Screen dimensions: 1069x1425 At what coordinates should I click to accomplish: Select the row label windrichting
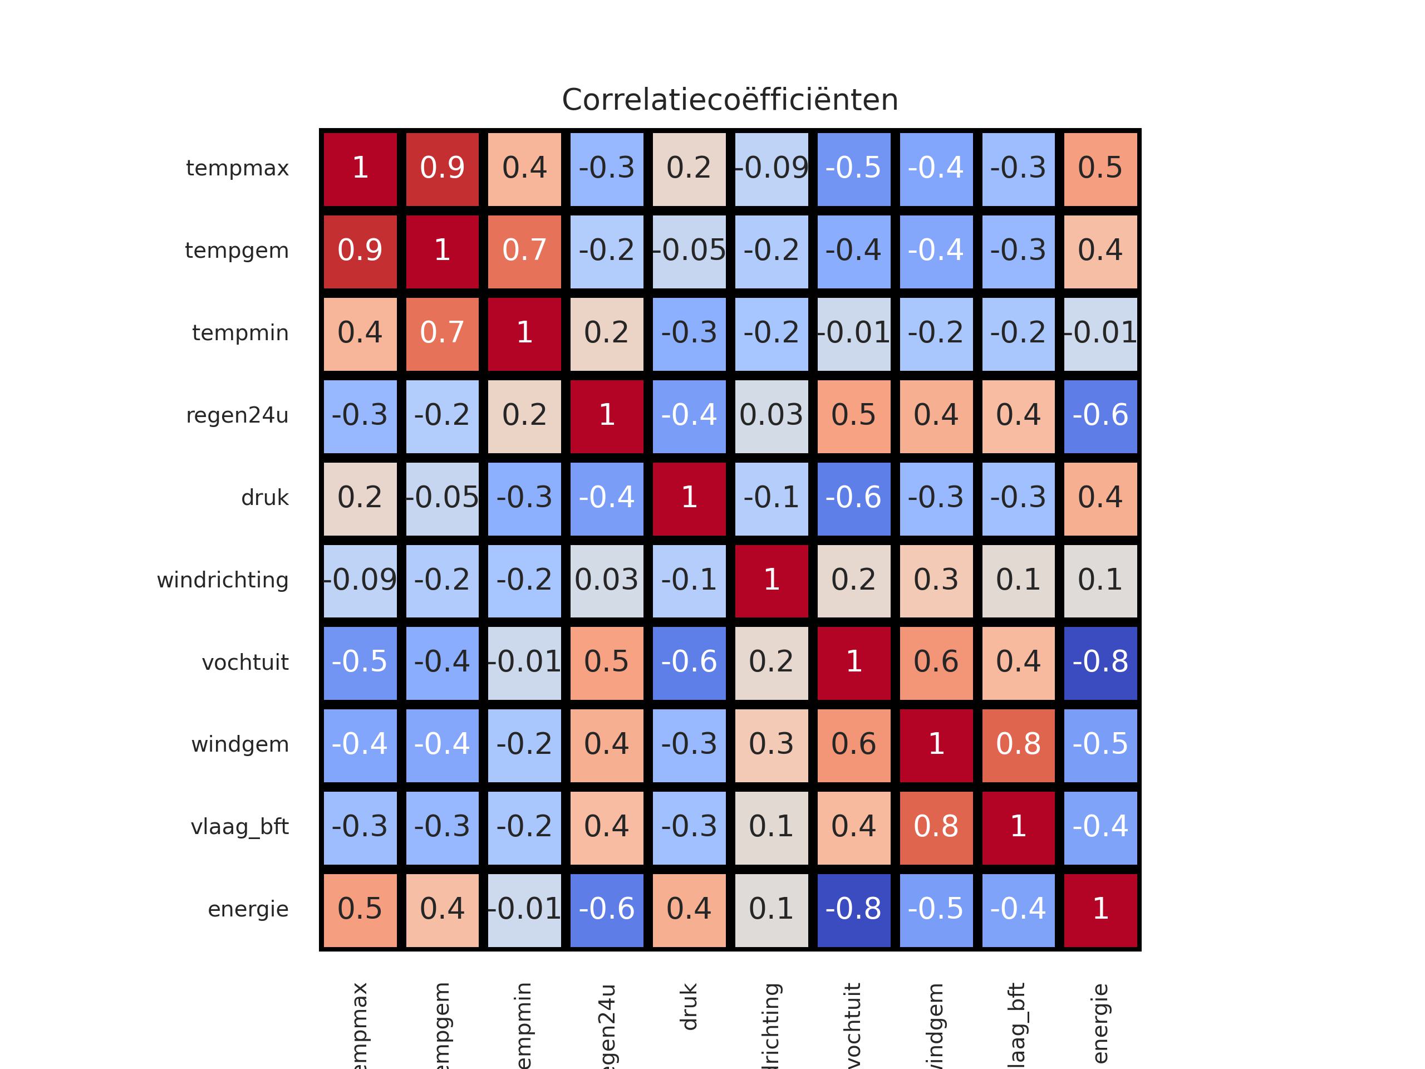(x=223, y=581)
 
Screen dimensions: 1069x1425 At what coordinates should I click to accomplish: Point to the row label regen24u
(x=237, y=415)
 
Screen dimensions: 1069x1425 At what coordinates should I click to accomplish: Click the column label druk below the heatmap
(x=689, y=1007)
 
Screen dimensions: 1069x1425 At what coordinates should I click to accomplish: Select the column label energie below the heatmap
(x=1100, y=1023)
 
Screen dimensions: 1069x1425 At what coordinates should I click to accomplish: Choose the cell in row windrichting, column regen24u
(x=607, y=581)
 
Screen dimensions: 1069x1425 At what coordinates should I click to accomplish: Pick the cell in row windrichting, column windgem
(x=936, y=581)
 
